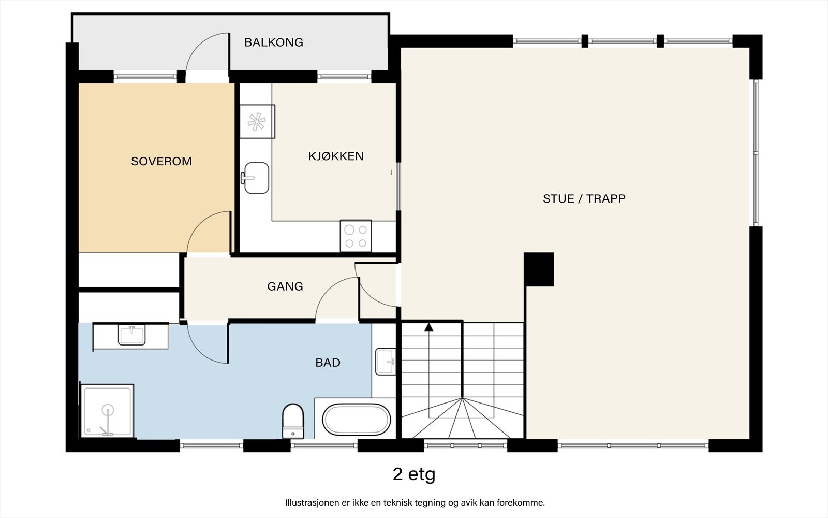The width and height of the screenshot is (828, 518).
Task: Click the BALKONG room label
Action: tap(274, 42)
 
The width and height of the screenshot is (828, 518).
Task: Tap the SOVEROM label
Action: tap(161, 161)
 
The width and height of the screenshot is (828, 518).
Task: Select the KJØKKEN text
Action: tap(336, 156)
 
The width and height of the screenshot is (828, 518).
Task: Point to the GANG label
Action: tap(285, 286)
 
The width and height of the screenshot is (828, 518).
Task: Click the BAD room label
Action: tap(328, 363)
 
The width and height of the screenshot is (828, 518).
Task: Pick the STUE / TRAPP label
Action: tap(584, 199)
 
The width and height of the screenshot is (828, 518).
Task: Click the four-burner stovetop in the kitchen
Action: tap(356, 236)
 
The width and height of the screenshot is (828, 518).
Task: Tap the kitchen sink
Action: tap(255, 178)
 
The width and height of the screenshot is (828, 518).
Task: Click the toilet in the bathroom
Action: tap(293, 421)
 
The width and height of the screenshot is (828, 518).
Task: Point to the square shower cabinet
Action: tap(107, 411)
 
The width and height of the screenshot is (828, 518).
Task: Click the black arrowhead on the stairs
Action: tap(429, 327)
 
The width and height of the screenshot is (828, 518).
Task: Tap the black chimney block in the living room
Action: tap(539, 269)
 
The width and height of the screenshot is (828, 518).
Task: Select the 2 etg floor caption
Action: tap(414, 474)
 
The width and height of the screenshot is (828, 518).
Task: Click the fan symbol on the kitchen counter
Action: tap(257, 122)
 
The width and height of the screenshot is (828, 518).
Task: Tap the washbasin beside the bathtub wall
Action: tap(386, 362)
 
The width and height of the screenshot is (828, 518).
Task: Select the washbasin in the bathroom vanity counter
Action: tap(131, 335)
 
